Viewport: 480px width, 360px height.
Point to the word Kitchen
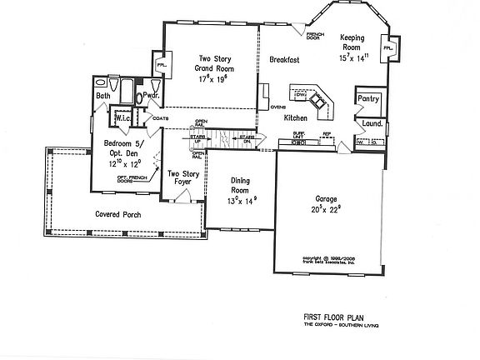296,118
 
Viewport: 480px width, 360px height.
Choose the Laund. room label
371,125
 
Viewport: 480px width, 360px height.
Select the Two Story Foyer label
184,179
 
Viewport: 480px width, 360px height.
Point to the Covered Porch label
119,214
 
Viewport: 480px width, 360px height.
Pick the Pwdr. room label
151,96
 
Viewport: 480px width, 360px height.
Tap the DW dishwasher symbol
302,94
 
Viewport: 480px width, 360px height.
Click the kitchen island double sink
318,105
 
